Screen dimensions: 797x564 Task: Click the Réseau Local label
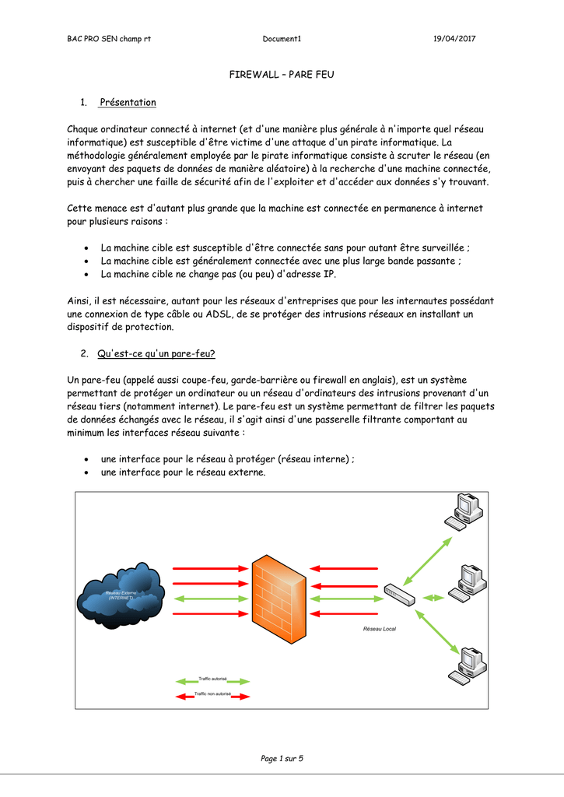point(380,628)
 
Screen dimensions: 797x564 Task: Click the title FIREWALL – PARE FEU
point(282,74)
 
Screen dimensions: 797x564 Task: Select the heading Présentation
point(128,103)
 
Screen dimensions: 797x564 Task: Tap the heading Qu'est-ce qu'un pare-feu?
point(156,353)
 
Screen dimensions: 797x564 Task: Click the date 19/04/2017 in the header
point(454,39)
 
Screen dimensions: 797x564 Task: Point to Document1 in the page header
point(282,39)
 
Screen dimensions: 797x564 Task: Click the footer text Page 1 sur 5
point(282,758)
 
